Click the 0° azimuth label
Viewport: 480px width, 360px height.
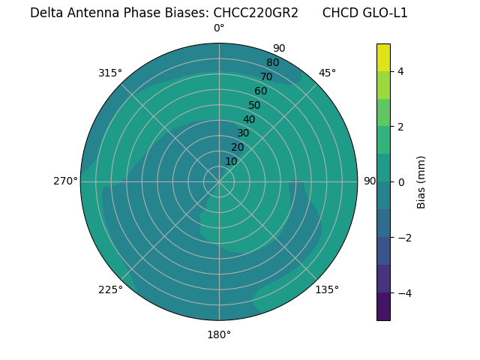pyautogui.click(x=219, y=28)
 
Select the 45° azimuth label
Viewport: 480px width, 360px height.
pyautogui.click(x=327, y=73)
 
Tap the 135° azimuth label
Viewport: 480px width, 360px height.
pyautogui.click(x=327, y=289)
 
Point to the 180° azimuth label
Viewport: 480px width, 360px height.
pyautogui.click(x=219, y=334)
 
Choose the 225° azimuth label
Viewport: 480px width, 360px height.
pyautogui.click(x=110, y=289)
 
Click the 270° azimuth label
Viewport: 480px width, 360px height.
pyautogui.click(x=65, y=181)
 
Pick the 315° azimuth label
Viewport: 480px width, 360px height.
pyautogui.click(x=110, y=73)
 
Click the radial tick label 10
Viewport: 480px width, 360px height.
pyautogui.click(x=231, y=161)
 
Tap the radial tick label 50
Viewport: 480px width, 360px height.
pyautogui.click(x=254, y=106)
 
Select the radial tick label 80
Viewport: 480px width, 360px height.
pyautogui.click(x=272, y=62)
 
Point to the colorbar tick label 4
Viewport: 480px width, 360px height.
pyautogui.click(x=401, y=71)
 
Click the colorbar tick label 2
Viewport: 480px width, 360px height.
pyautogui.click(x=401, y=127)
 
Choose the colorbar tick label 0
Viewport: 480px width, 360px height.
pyautogui.click(x=401, y=181)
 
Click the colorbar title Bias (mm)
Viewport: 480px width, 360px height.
pyautogui.click(x=421, y=181)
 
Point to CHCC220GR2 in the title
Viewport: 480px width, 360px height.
pyautogui.click(x=256, y=13)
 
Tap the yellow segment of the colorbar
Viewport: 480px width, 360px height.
pyautogui.click(x=383, y=57)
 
